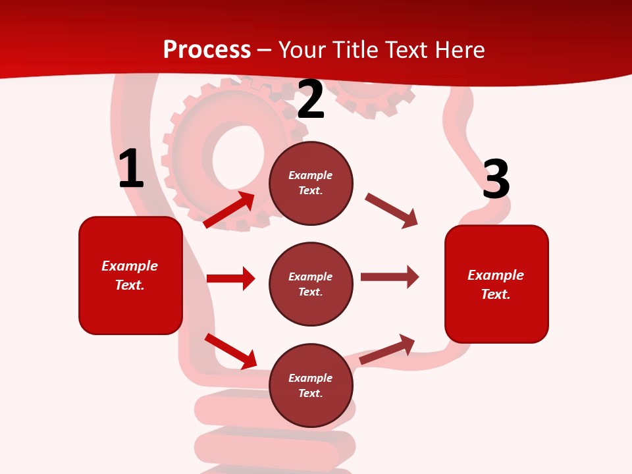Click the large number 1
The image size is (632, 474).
click(x=131, y=169)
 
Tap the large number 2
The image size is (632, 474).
click(x=311, y=99)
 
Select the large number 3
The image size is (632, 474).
click(x=496, y=179)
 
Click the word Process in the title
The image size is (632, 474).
click(x=207, y=49)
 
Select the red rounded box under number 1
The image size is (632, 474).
click(x=130, y=275)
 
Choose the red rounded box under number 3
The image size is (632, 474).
click(x=496, y=284)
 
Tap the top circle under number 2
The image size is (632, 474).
click(x=311, y=183)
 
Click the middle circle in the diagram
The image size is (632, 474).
click(x=311, y=284)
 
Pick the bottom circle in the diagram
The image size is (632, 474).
click(x=311, y=385)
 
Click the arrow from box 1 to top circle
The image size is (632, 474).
click(x=229, y=210)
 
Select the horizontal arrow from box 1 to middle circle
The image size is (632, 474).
click(x=230, y=278)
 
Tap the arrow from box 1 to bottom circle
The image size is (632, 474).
click(x=230, y=351)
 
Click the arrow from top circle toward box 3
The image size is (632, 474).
click(x=391, y=211)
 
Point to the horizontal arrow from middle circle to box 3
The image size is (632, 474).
click(x=389, y=277)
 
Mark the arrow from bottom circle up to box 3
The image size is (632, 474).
click(x=387, y=350)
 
